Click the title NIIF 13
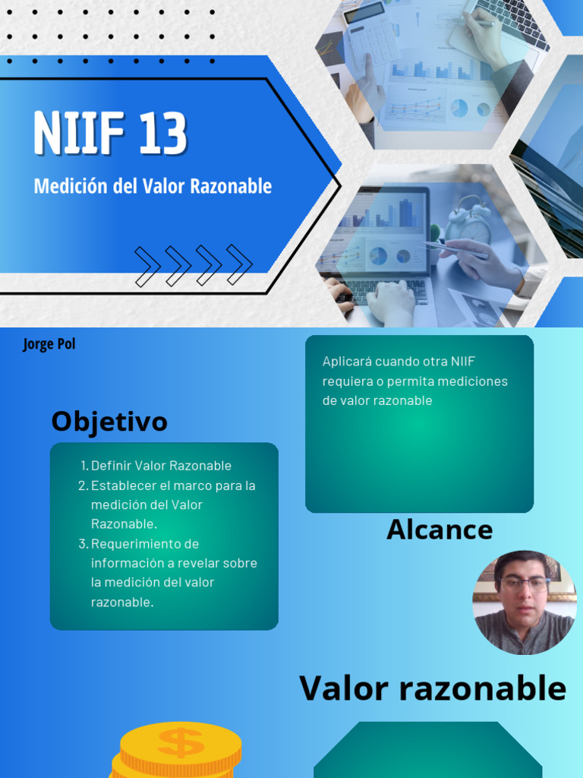point(110,134)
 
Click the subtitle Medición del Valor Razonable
point(153,186)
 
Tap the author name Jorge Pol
point(49,344)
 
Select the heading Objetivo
point(109,421)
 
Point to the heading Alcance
point(440,530)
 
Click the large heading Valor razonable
point(433,688)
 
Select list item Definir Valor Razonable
point(161,466)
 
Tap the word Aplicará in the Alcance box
point(345,362)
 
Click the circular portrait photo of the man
point(524,602)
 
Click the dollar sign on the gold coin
point(180,742)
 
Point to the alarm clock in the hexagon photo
point(468,222)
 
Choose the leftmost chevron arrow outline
point(147,265)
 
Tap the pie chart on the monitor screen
point(377,257)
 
